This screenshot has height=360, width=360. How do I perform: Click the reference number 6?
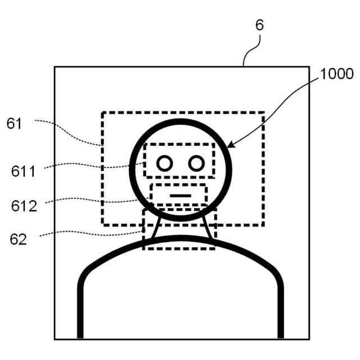[259, 25]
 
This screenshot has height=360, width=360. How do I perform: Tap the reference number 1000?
[337, 74]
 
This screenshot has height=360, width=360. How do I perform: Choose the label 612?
[24, 205]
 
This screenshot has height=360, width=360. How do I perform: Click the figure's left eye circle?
[164, 163]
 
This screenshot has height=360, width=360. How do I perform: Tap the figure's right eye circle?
[196, 163]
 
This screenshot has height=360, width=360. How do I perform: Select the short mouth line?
[181, 195]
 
